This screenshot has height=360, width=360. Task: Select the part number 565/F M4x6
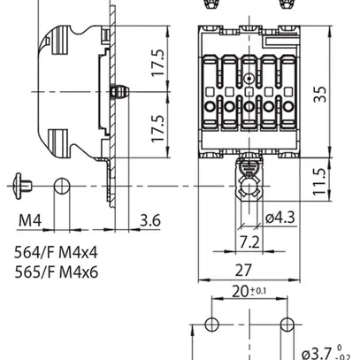point(56,272)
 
